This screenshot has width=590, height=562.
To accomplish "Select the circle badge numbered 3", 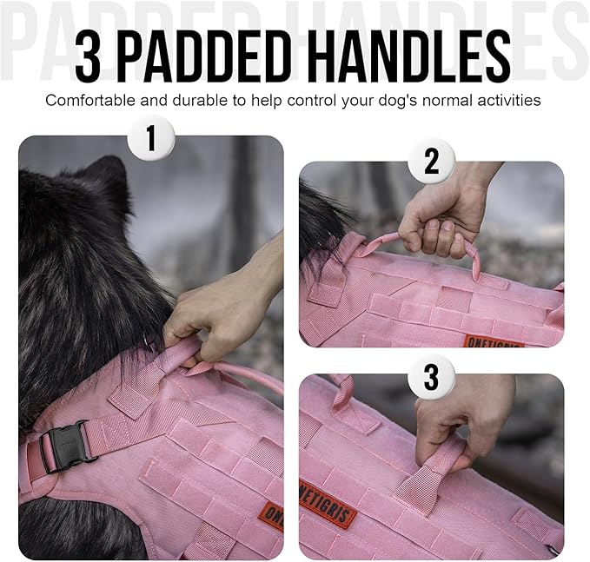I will tap(432, 376).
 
